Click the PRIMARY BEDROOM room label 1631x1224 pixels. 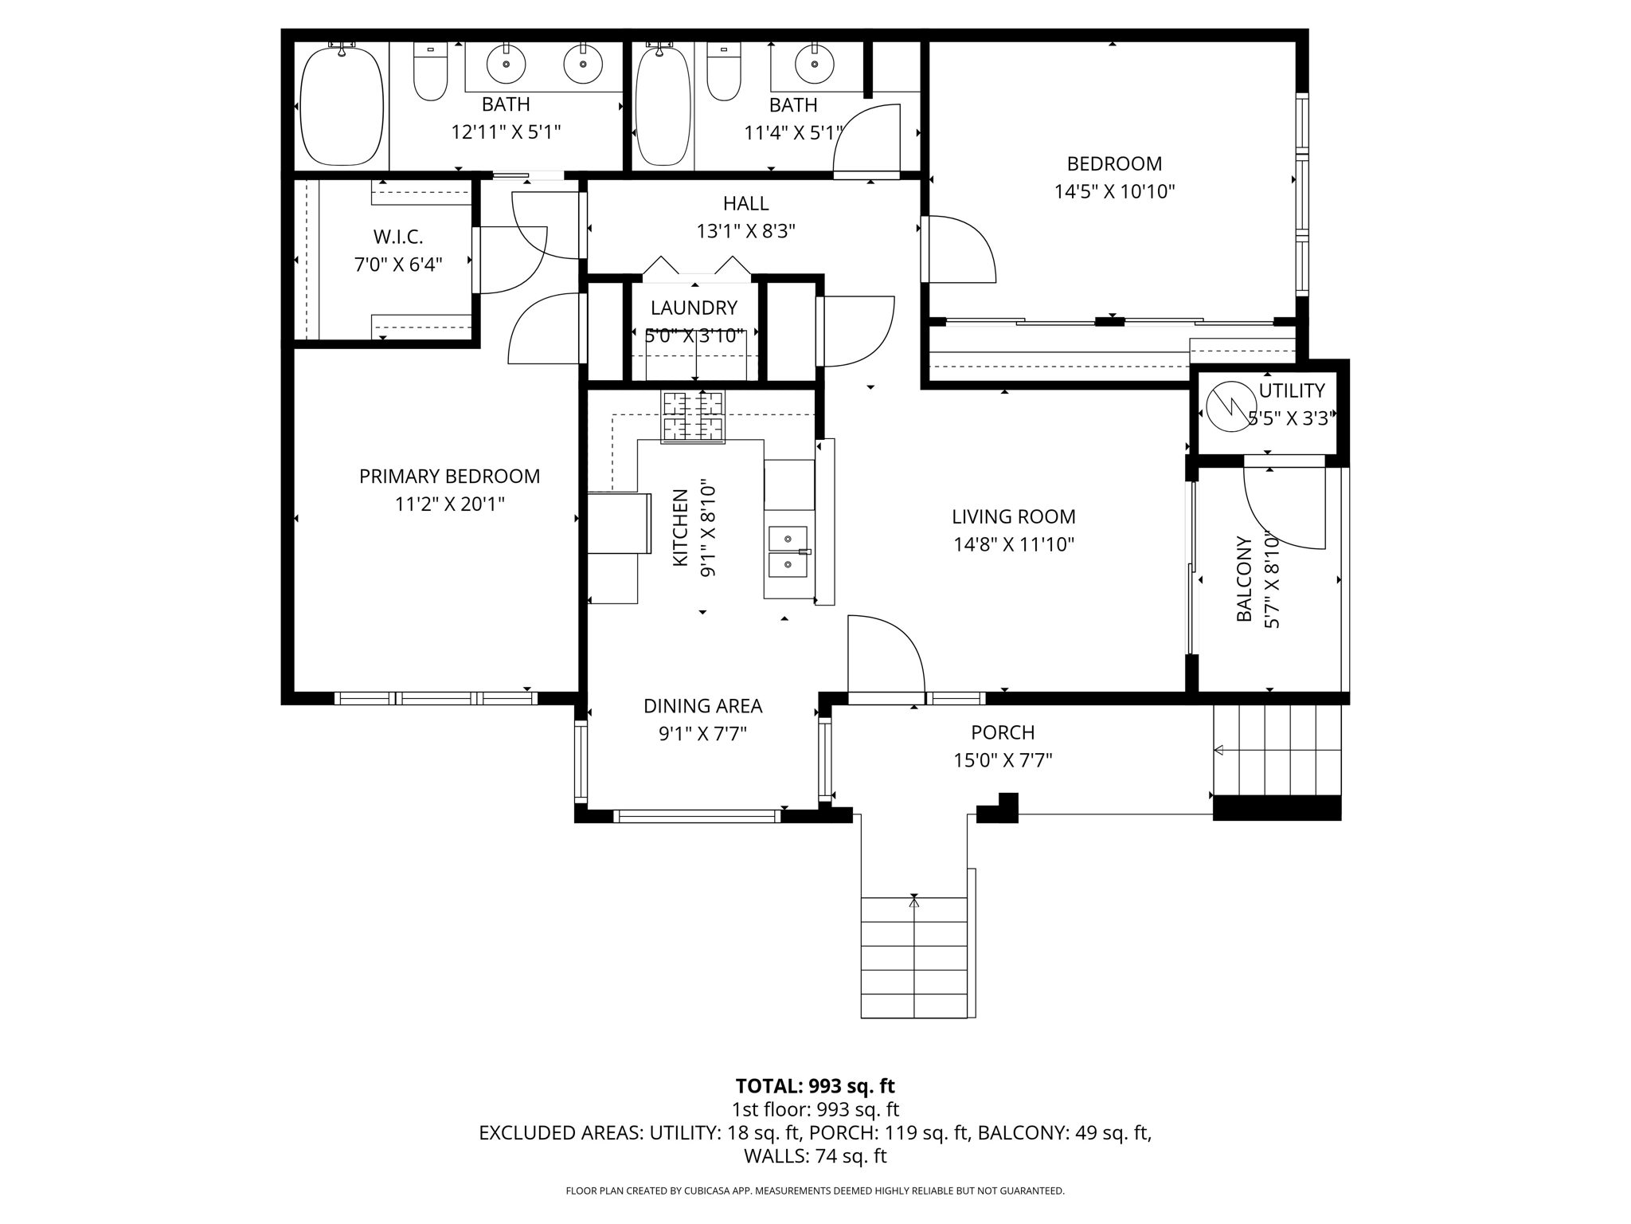[x=449, y=477]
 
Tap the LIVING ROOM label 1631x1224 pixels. [x=1014, y=516]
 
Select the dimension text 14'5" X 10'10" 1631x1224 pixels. [x=1114, y=191]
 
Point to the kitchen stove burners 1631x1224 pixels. [x=693, y=417]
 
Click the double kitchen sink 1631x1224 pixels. [x=788, y=552]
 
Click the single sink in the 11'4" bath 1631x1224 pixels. [x=815, y=65]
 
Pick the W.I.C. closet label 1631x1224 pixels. [x=398, y=237]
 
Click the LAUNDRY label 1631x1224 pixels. [x=694, y=308]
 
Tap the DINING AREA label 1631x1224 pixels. [x=703, y=706]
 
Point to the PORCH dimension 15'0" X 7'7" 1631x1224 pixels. [x=1003, y=760]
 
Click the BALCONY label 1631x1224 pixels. [x=1243, y=579]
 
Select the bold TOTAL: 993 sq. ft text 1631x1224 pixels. [x=815, y=1086]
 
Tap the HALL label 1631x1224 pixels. [x=746, y=203]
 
